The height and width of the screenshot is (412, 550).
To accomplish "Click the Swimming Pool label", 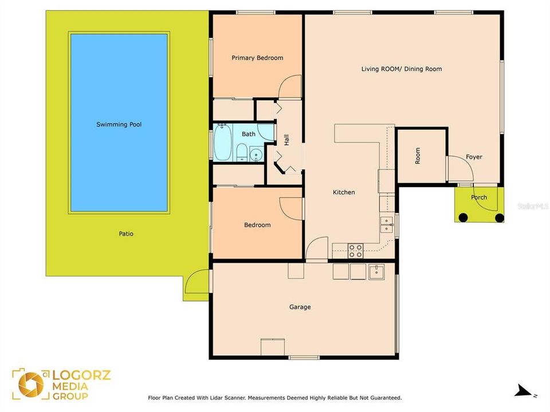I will coord(119,124).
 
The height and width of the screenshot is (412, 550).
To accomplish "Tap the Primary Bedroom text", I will coord(257,58).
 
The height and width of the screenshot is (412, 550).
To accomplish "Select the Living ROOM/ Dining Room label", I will coord(401,69).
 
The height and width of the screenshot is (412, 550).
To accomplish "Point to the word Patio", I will coord(126,233).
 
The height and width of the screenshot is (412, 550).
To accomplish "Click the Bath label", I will coord(248,134).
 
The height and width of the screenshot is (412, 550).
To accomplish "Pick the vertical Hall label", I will coord(286,139).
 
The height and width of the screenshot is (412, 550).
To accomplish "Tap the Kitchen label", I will coord(344,192).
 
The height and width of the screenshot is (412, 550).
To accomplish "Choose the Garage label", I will coord(300,307).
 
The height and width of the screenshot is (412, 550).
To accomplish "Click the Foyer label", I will coord(473,157).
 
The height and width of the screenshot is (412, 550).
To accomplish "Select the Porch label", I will coord(479,197).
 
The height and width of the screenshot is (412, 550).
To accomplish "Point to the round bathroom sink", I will coord(256,154).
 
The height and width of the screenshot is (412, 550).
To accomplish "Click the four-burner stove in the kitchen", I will coord(356,250).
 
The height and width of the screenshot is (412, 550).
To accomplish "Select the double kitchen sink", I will coord(387,224).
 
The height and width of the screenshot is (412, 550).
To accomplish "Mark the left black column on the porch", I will coord(462,217).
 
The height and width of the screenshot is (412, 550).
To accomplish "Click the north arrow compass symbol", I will coord(522,391).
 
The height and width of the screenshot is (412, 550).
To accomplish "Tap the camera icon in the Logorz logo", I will coord(30,385).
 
